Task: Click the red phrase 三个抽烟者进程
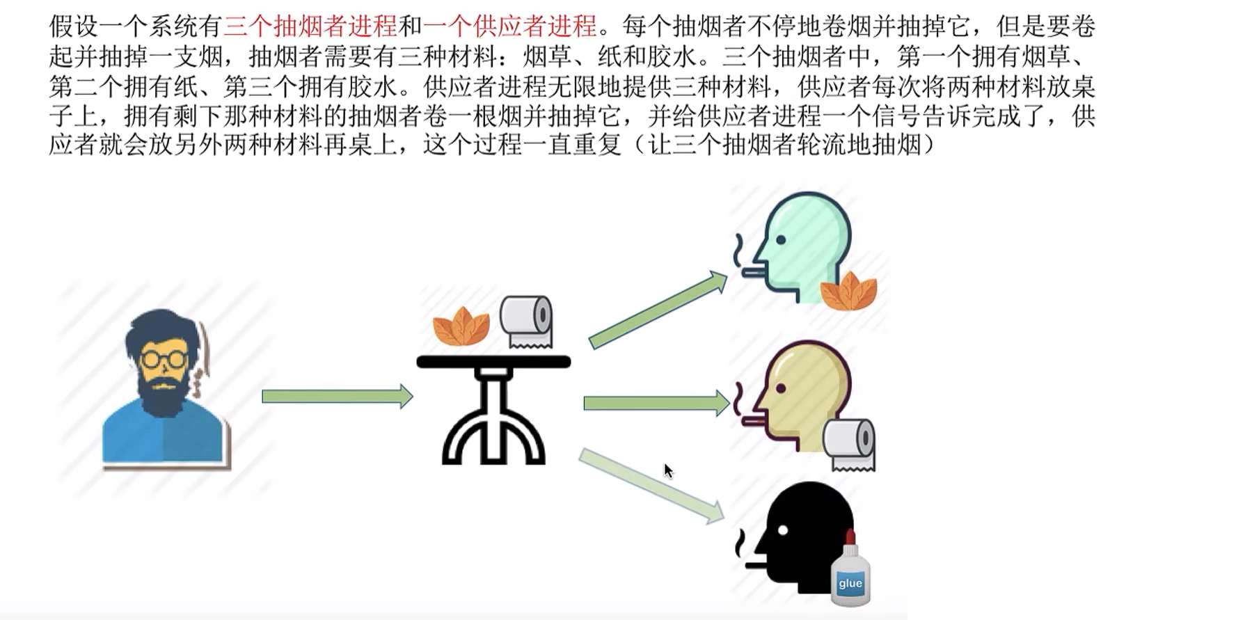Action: (310, 26)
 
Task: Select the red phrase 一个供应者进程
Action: (510, 26)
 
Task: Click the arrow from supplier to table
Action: (336, 397)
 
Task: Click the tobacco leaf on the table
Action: (461, 326)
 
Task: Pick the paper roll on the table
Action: (527, 321)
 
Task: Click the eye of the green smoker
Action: (781, 240)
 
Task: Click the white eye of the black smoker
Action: (783, 530)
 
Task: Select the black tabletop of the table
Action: (493, 362)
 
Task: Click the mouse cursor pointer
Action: (667, 470)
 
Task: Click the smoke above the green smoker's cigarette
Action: (738, 250)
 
